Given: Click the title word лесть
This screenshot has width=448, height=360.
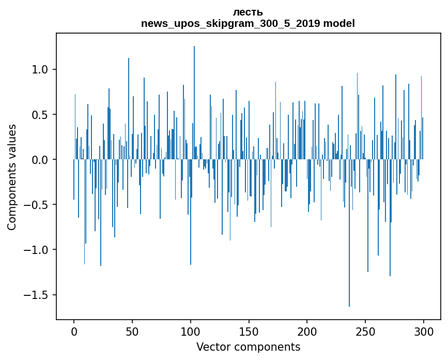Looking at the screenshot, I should click(248, 12).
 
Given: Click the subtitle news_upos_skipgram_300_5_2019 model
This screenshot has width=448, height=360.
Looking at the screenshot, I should click(248, 24).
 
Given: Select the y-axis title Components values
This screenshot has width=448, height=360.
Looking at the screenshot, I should click(12, 177).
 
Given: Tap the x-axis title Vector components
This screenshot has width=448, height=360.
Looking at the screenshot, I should click(248, 347).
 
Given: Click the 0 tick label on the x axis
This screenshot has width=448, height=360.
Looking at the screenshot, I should click(74, 331).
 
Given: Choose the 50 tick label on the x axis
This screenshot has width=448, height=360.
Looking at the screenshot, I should click(132, 331).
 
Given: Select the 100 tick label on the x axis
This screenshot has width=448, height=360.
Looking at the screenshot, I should click(191, 331).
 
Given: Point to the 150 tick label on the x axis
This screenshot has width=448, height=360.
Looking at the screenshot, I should click(249, 331).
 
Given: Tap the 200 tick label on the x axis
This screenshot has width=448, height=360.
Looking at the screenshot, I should click(307, 331).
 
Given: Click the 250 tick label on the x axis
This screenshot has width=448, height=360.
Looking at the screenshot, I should click(366, 331).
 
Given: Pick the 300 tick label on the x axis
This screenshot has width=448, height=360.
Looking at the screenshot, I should click(424, 331).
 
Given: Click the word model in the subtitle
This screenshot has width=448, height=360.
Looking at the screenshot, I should click(339, 24).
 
